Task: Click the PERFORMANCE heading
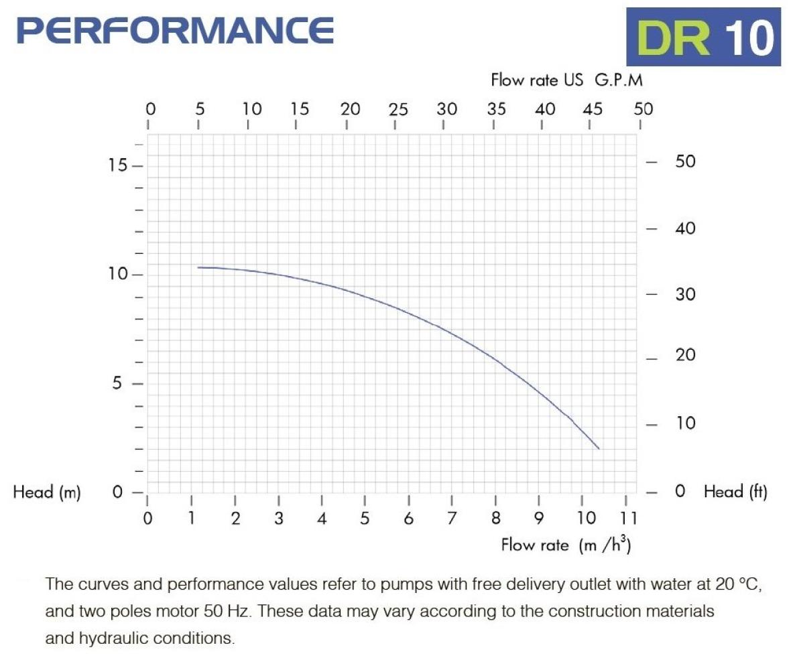pyautogui.click(x=176, y=29)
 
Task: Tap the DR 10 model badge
pyautogui.click(x=703, y=37)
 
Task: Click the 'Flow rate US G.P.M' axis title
pyautogui.click(x=566, y=80)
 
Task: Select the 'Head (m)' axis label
pyautogui.click(x=47, y=492)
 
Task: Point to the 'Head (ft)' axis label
pyautogui.click(x=735, y=492)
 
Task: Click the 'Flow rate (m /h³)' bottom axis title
pyautogui.click(x=566, y=545)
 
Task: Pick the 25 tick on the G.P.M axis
pyautogui.click(x=398, y=110)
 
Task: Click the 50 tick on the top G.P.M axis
pyautogui.click(x=643, y=110)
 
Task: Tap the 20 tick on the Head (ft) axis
pyautogui.click(x=684, y=355)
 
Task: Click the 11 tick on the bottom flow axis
pyautogui.click(x=627, y=518)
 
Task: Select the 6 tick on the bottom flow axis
pyautogui.click(x=409, y=518)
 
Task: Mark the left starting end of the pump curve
pyautogui.click(x=198, y=267)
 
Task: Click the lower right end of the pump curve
pyautogui.click(x=598, y=448)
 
